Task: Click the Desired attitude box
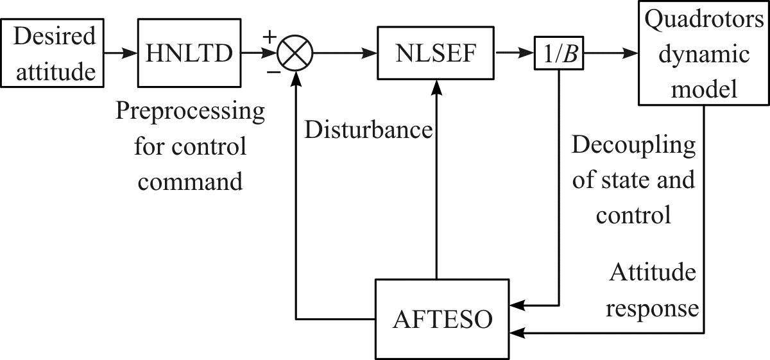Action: click(52, 53)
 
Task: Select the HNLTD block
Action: click(189, 53)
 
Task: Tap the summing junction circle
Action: click(295, 53)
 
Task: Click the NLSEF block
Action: click(436, 53)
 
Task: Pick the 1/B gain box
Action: click(559, 53)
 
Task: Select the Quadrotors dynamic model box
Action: click(704, 53)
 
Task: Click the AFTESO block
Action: click(442, 319)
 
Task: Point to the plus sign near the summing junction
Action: click(269, 36)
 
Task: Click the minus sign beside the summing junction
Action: click(274, 73)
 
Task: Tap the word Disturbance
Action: click(368, 130)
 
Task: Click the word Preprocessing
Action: click(190, 111)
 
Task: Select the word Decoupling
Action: click(633, 145)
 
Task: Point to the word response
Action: click(652, 309)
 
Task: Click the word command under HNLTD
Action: click(190, 182)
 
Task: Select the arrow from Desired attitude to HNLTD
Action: click(121, 53)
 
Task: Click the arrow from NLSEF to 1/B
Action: click(515, 53)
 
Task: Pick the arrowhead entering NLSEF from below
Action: click(436, 87)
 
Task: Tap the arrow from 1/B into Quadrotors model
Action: click(611, 53)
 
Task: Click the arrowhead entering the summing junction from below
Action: click(296, 78)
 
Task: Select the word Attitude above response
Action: click(653, 272)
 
